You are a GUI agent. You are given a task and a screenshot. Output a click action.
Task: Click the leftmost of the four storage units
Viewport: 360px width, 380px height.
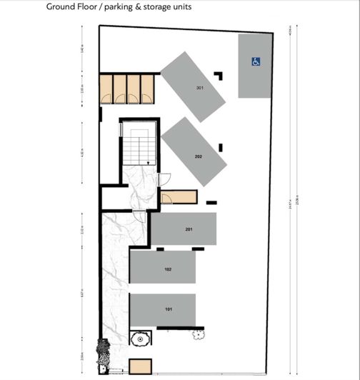tap(106, 86)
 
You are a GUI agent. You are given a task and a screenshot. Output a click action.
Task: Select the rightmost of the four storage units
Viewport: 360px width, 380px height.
tap(147, 86)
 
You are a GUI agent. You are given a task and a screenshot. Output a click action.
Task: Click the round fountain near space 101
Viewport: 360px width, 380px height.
tap(141, 338)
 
